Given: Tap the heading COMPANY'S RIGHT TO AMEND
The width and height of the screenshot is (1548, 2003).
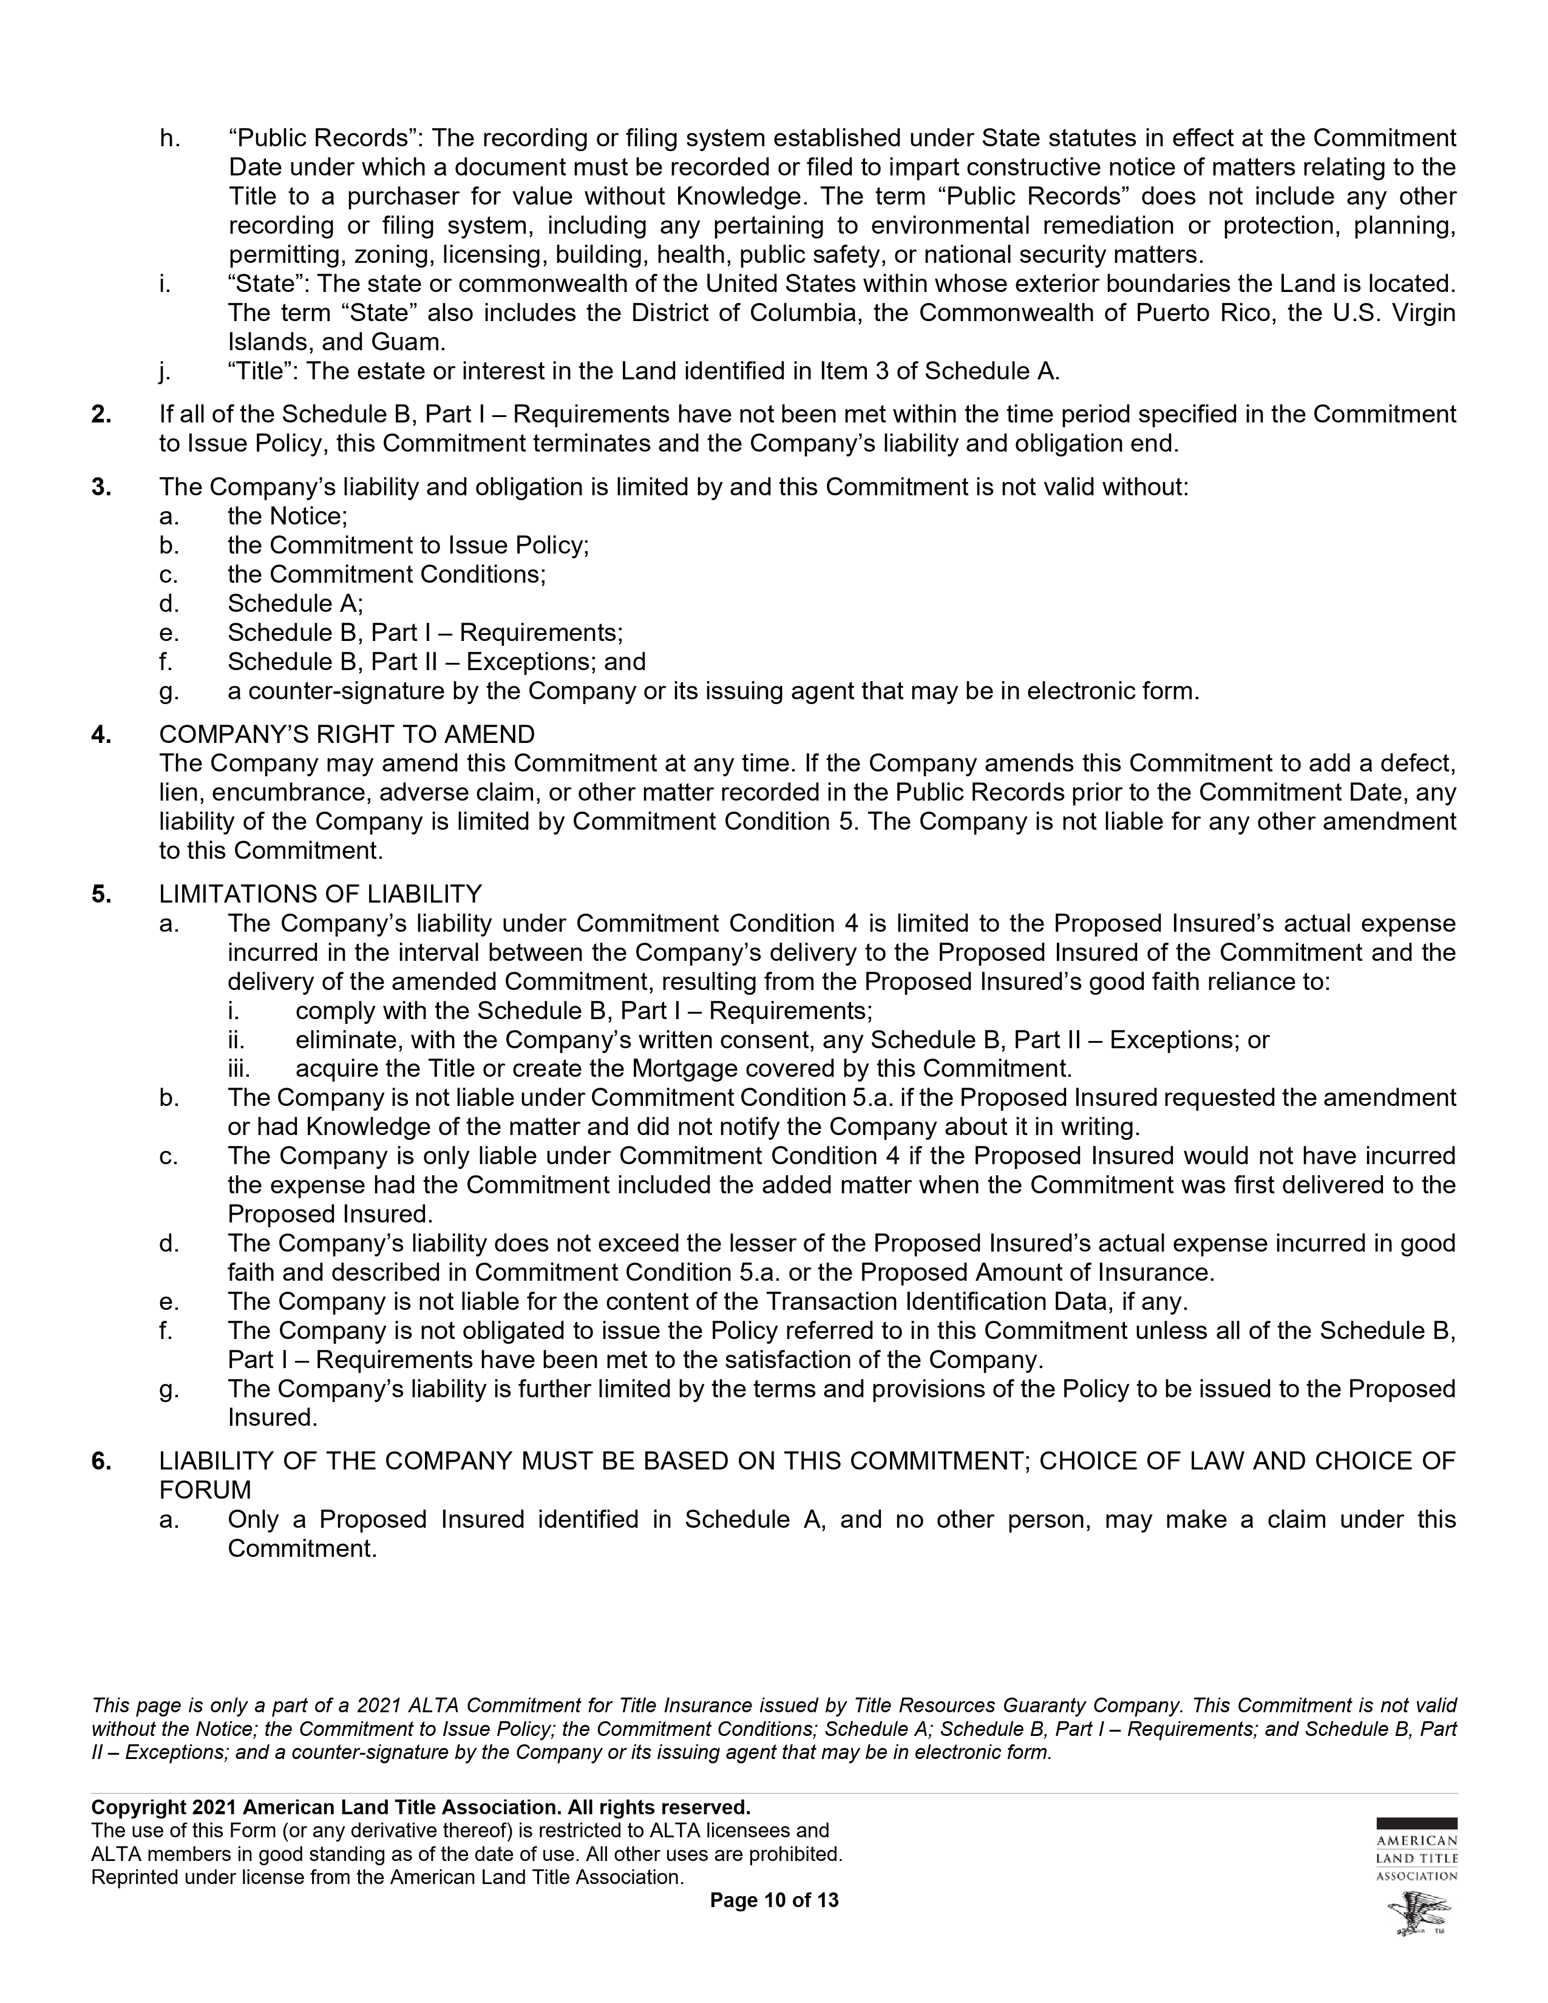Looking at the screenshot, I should click(347, 734).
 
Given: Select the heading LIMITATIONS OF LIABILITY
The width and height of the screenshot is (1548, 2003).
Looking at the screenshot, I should click(320, 894).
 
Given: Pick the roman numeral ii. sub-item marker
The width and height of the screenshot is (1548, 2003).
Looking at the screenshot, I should click(237, 1040).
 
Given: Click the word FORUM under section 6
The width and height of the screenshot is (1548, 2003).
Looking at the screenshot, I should click(205, 1490).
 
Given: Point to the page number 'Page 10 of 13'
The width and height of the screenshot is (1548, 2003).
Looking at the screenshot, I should click(774, 1900).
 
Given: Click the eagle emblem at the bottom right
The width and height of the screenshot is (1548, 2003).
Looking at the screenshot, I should click(1417, 1916).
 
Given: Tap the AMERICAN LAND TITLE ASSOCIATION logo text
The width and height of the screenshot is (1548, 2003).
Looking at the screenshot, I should click(1417, 1859).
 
